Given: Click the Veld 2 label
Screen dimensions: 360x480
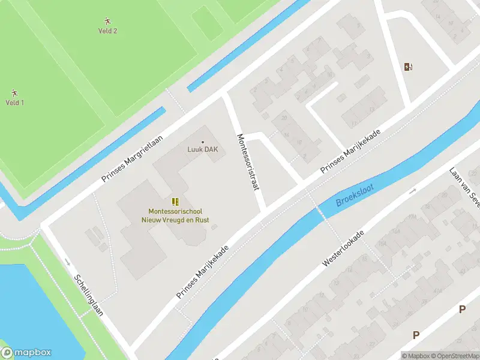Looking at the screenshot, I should click(x=107, y=31).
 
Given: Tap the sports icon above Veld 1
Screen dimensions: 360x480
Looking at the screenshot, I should click(x=14, y=93).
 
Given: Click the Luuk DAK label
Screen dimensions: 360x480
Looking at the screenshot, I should click(x=202, y=150).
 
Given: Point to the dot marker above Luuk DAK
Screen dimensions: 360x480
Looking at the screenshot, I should click(x=202, y=142).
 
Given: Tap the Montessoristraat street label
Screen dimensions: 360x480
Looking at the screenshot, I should click(x=248, y=162).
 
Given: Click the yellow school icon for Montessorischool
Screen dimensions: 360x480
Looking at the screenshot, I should click(x=175, y=202).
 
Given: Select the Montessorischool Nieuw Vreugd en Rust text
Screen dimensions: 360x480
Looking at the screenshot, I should click(x=179, y=215).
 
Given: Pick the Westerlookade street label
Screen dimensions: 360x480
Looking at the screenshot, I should click(x=344, y=248).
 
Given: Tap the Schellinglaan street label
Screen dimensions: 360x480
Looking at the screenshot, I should click(x=89, y=295).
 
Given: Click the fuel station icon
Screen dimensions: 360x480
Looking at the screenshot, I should click(x=409, y=67).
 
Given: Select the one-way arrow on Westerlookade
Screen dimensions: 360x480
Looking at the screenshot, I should click(x=412, y=191).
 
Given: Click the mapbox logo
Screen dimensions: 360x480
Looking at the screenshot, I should click(x=26, y=353).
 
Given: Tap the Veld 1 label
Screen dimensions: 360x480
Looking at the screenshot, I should click(x=14, y=103).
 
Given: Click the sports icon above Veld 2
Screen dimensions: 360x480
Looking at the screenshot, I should click(x=107, y=21).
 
